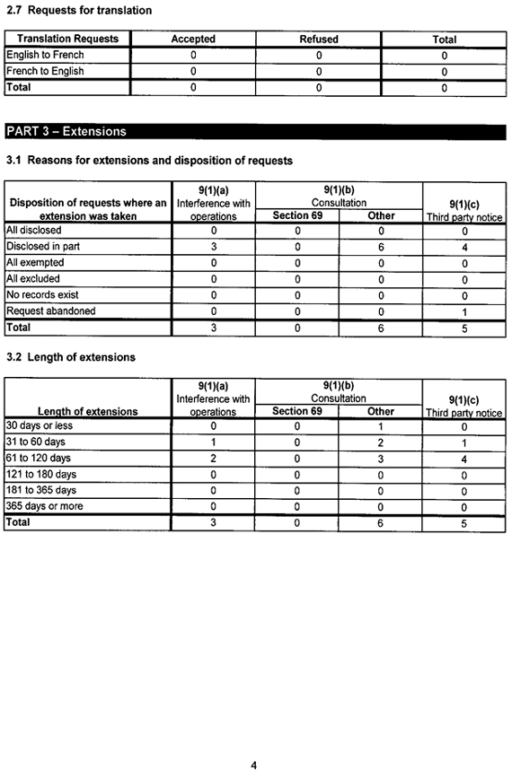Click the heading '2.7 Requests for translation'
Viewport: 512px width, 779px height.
pyautogui.click(x=79, y=11)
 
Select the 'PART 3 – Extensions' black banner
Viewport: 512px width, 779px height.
pyautogui.click(x=66, y=131)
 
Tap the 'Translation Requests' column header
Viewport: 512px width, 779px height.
pyautogui.click(x=67, y=39)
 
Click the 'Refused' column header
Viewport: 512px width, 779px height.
pyautogui.click(x=318, y=39)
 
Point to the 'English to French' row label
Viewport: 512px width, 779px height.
pyautogui.click(x=45, y=56)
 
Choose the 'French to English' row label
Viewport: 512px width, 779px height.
pyautogui.click(x=45, y=72)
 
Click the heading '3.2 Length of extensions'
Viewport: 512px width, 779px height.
pyautogui.click(x=71, y=357)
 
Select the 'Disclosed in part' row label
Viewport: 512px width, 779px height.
pyautogui.click(x=42, y=247)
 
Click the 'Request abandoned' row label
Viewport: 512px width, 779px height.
pyautogui.click(x=50, y=311)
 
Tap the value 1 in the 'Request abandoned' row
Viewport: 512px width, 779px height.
pyautogui.click(x=463, y=312)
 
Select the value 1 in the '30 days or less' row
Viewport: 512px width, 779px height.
pyautogui.click(x=381, y=426)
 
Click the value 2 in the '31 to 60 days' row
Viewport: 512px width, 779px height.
pyautogui.click(x=381, y=442)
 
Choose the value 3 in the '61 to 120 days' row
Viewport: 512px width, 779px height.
pyautogui.click(x=381, y=459)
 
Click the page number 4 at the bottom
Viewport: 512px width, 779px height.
pyautogui.click(x=254, y=766)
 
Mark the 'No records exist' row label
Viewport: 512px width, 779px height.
pyautogui.click(x=42, y=295)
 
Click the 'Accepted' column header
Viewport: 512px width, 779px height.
pyautogui.click(x=193, y=39)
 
